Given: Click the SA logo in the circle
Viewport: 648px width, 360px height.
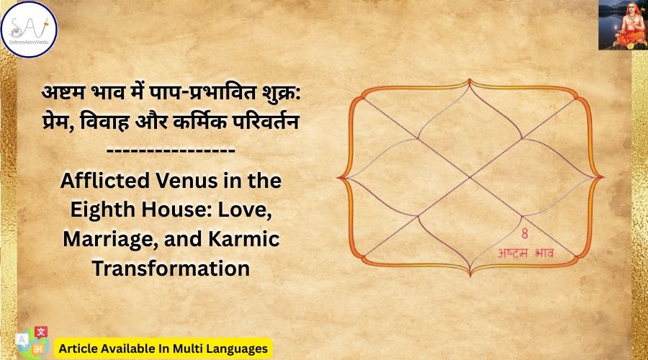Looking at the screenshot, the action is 29,30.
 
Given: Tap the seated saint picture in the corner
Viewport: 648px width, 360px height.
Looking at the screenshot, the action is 624,24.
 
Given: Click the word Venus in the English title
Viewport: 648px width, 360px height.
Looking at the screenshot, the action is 185,181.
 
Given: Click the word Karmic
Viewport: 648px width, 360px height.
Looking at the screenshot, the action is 243,239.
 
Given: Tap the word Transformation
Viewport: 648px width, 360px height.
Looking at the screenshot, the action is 171,269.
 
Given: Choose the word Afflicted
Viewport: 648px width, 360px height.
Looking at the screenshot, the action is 105,181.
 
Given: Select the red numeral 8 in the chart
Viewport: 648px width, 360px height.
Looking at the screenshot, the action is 525,234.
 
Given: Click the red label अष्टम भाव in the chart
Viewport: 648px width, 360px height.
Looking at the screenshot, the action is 525,253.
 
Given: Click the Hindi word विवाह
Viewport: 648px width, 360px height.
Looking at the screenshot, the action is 104,122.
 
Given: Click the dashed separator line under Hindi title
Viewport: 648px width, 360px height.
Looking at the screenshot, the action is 171,151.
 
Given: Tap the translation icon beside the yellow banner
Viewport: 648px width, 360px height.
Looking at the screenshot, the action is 33,343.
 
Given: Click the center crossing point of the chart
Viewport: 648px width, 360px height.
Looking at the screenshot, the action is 470,177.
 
